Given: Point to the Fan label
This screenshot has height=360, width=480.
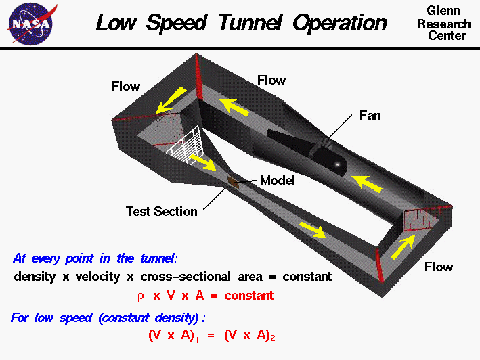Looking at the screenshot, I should [x=370, y=116].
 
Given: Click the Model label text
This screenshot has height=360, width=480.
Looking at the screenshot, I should [x=278, y=181].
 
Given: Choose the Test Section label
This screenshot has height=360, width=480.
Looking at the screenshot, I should [x=162, y=211].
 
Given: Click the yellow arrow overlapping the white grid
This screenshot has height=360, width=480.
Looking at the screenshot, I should [x=202, y=162].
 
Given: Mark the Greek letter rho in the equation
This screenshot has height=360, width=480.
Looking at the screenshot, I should [x=140, y=296].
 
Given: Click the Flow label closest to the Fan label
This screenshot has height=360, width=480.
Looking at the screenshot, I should [x=271, y=81].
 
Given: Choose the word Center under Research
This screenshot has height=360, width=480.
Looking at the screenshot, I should [x=447, y=35].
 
